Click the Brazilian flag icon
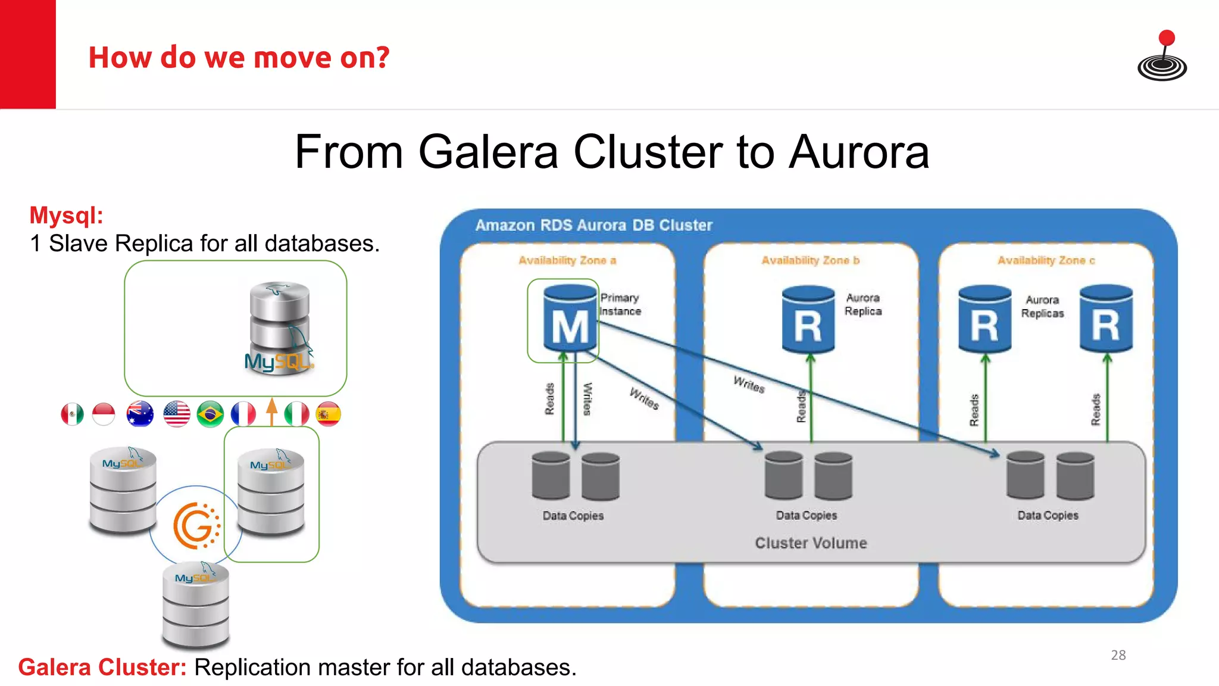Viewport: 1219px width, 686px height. pyautogui.click(x=210, y=414)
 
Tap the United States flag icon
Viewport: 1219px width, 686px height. pyautogui.click(x=177, y=414)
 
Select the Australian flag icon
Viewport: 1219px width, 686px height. pyautogui.click(x=140, y=414)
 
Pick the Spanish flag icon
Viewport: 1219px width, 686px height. pyautogui.click(x=328, y=414)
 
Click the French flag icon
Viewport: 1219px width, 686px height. pyautogui.click(x=243, y=414)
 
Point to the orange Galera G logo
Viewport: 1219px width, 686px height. pyautogui.click(x=195, y=525)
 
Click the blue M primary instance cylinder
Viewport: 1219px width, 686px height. pyautogui.click(x=570, y=320)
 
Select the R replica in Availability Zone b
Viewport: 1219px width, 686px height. pyautogui.click(x=808, y=320)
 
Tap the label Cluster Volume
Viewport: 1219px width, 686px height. pyautogui.click(x=811, y=543)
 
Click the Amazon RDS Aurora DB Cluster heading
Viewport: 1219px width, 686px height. pyautogui.click(x=593, y=225)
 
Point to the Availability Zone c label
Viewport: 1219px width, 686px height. pyautogui.click(x=1046, y=260)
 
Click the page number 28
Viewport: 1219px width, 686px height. pyautogui.click(x=1118, y=655)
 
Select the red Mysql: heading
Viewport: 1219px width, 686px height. pyautogui.click(x=66, y=215)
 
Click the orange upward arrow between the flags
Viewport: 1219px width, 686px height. pyautogui.click(x=272, y=411)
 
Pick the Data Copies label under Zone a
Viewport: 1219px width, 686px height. pyautogui.click(x=573, y=516)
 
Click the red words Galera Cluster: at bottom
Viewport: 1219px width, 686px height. pyautogui.click(x=102, y=668)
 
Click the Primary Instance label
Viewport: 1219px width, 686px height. pyautogui.click(x=620, y=304)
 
